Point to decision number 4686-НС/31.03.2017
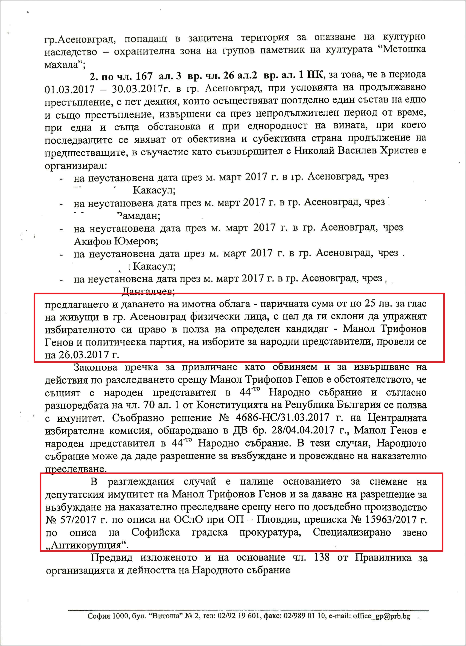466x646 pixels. click(282, 418)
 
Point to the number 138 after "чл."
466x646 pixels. click(322, 558)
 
